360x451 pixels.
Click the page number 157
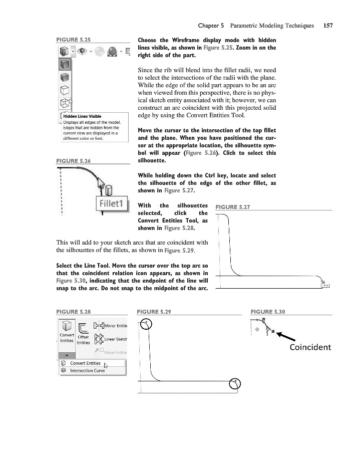pyautogui.click(x=328, y=25)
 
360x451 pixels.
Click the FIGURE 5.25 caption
pyautogui.click(x=74, y=38)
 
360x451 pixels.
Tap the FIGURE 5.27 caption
pyautogui.click(x=232, y=206)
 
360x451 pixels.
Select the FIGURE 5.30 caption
pyautogui.click(x=267, y=312)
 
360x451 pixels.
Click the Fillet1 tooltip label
pyautogui.click(x=112, y=205)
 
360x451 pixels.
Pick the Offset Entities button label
pyautogui.click(x=84, y=340)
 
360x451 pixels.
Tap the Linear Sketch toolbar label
pyautogui.click(x=115, y=339)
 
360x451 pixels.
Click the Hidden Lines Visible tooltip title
pyautogui.click(x=82, y=116)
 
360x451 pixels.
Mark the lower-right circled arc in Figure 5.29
pyautogui.click(x=235, y=384)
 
